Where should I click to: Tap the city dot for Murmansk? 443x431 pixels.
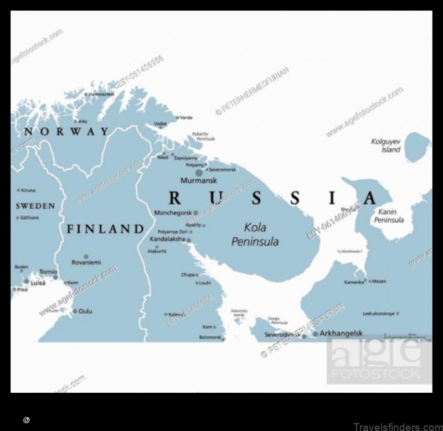[199, 173]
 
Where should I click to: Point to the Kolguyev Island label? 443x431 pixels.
[385, 146]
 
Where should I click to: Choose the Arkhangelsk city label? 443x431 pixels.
[341, 334]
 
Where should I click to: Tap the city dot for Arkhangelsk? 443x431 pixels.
[316, 334]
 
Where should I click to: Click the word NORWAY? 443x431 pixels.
[66, 132]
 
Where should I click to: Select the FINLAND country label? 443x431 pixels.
[105, 229]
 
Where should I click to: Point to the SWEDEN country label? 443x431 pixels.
[35, 206]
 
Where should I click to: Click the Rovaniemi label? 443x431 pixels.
[86, 263]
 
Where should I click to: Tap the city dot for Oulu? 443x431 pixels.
[75, 312]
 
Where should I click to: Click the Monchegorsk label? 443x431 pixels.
[173, 212]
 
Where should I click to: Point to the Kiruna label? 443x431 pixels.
[28, 190]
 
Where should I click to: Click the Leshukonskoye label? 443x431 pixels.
[378, 314]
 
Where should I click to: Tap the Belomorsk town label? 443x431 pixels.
[210, 337]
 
